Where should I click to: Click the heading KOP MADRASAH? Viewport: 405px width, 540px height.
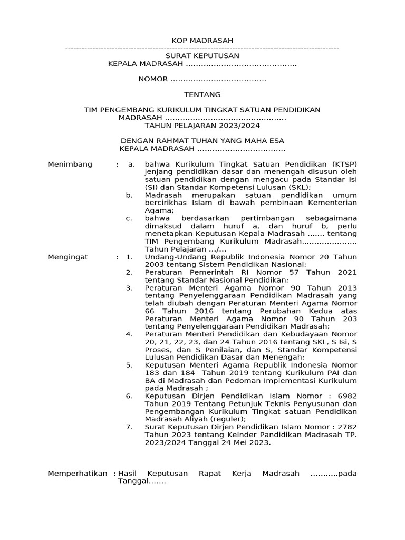[202, 41]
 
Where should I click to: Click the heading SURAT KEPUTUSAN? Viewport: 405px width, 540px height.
[202, 55]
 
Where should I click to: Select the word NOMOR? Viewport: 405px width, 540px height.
[152, 79]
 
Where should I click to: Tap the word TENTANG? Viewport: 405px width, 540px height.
[202, 94]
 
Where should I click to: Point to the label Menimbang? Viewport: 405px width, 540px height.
[70, 164]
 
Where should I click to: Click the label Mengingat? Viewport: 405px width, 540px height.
[68, 257]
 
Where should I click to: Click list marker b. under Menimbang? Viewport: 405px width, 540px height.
[129, 195]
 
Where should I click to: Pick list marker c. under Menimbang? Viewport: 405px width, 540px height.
[129, 218]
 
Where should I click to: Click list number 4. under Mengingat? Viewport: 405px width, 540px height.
[129, 334]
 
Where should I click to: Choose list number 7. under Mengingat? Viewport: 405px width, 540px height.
[129, 427]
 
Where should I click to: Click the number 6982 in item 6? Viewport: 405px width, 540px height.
[346, 396]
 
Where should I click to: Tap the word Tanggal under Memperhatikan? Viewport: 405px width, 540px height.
[133, 481]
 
